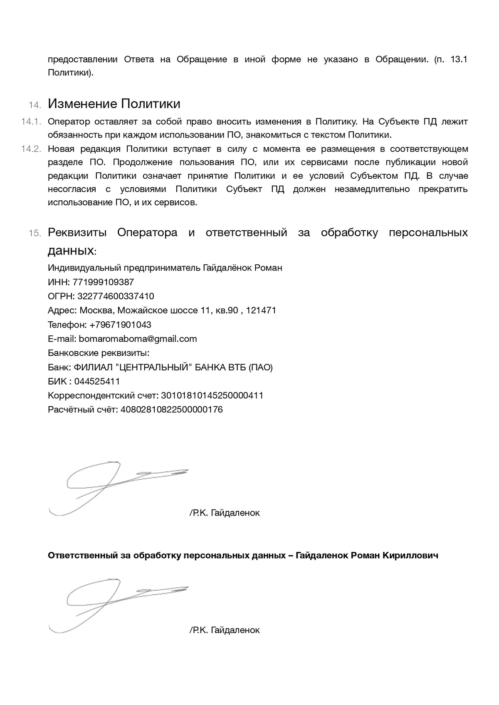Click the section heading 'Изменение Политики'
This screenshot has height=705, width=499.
tap(114, 103)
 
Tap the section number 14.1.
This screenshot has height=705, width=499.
tap(32, 122)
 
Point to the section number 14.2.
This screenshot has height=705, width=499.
tap(32, 149)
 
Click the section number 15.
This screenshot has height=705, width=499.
tap(35, 233)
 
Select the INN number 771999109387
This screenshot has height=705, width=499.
tap(103, 282)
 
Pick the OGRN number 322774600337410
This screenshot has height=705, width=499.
tap(116, 296)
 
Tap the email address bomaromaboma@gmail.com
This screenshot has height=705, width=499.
tap(138, 339)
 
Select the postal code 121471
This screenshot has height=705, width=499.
tap(261, 311)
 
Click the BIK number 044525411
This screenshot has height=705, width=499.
tap(97, 381)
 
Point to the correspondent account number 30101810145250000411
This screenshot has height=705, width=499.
tap(212, 395)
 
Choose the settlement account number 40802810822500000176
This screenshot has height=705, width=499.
tap(171, 409)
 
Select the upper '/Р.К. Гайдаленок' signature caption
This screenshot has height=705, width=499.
tap(225, 513)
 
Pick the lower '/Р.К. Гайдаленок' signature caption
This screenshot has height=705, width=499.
tap(225, 630)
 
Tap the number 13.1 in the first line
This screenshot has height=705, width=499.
tap(459, 59)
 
